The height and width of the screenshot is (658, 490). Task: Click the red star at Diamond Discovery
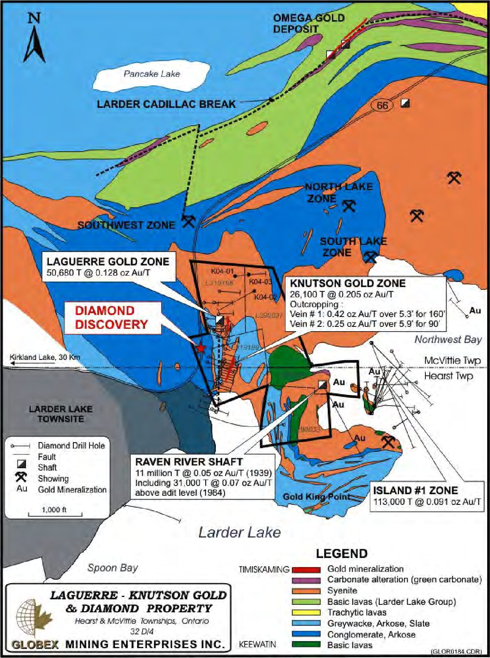(201, 348)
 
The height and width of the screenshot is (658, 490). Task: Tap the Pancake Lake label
(152, 74)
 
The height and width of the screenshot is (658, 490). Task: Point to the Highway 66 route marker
(382, 105)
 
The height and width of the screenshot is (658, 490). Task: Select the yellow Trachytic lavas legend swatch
(306, 612)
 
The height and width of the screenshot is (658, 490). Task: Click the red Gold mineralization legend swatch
(306, 569)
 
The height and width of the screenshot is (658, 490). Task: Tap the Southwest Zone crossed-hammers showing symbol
(189, 221)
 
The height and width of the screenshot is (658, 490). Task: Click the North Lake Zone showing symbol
(349, 205)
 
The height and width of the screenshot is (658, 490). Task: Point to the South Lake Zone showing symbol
(370, 257)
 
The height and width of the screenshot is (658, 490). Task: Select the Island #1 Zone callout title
(416, 491)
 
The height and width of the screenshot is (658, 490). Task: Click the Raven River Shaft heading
(189, 462)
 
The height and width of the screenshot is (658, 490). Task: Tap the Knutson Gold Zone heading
(347, 283)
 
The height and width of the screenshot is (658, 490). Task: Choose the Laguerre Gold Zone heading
(108, 261)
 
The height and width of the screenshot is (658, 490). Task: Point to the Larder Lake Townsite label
(60, 414)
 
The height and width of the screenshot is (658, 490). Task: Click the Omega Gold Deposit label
(308, 23)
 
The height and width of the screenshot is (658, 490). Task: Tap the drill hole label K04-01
(222, 271)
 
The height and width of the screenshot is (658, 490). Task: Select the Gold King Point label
(316, 497)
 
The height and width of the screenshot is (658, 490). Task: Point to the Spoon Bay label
(113, 568)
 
